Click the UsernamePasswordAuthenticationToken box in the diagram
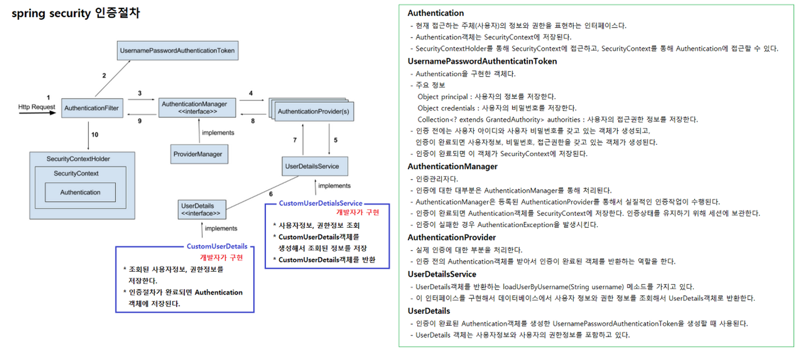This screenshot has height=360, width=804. click(x=177, y=51)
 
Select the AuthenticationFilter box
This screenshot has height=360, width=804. click(x=92, y=108)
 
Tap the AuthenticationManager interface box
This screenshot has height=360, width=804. click(x=197, y=108)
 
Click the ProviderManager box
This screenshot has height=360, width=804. click(x=198, y=154)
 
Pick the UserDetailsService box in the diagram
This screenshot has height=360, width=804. click(x=312, y=166)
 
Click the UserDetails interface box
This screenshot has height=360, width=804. click(x=201, y=210)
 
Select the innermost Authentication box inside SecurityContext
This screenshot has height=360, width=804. click(x=80, y=192)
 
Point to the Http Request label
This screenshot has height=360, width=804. click(x=37, y=107)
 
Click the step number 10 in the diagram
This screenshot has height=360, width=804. click(x=95, y=135)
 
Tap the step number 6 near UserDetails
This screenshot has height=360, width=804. click(x=271, y=194)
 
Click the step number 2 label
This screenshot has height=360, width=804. click(x=104, y=76)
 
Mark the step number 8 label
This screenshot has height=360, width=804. click(x=253, y=121)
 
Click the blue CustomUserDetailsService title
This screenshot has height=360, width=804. click(x=320, y=203)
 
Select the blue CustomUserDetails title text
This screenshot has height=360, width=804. click(x=217, y=246)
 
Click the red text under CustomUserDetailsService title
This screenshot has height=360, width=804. click(x=357, y=213)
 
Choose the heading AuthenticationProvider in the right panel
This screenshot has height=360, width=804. click(x=452, y=237)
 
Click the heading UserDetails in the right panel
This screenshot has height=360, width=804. click(x=429, y=311)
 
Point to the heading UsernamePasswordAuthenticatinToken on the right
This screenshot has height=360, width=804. click(x=482, y=61)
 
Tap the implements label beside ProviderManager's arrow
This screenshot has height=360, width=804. click(x=218, y=133)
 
